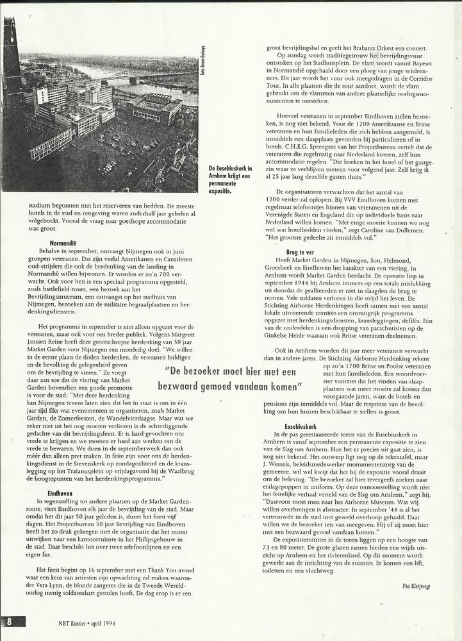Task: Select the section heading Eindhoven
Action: coord(59,493)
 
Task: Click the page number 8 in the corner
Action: coord(10,621)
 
